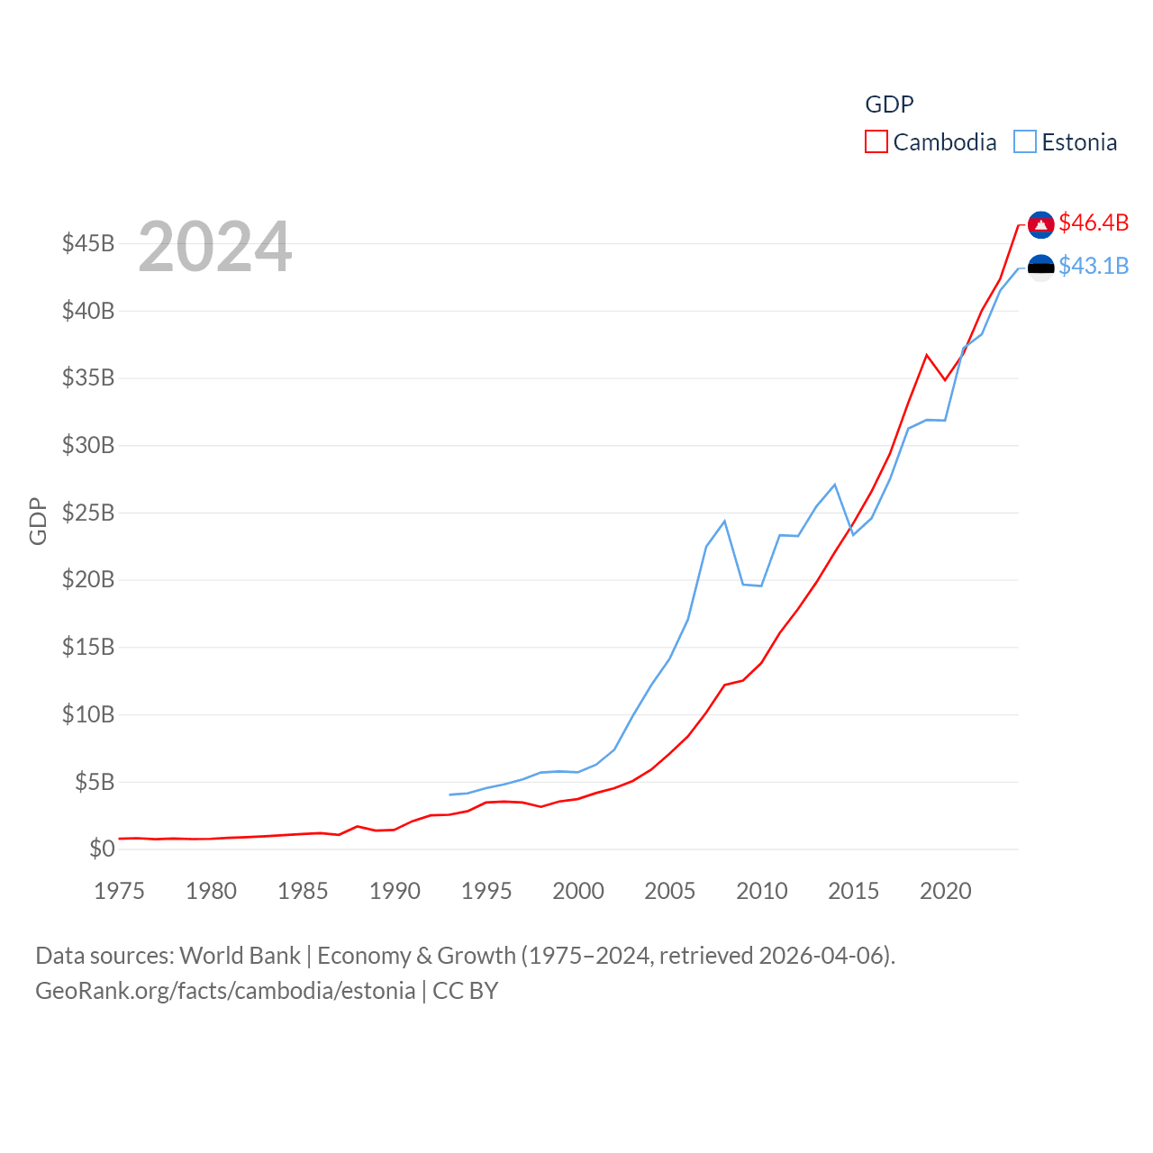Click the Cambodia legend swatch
tap(876, 142)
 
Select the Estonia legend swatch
tap(1025, 142)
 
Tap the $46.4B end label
tap(1094, 222)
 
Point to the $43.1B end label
tap(1094, 266)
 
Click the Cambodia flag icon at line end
tap(1040, 225)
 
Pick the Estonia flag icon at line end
tap(1040, 268)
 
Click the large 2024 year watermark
tap(215, 247)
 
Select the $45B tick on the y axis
tap(88, 243)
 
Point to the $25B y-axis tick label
tap(88, 513)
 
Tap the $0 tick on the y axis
tap(102, 849)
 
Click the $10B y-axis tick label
tap(88, 714)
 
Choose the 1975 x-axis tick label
tap(119, 891)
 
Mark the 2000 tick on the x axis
tap(578, 891)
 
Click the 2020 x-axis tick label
tap(946, 891)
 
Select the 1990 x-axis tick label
tap(395, 891)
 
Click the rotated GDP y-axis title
tap(38, 521)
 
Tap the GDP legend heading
tap(889, 104)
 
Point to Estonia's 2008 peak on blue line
tap(724, 521)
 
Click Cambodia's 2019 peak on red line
tap(926, 355)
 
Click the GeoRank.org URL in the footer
tap(225, 991)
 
